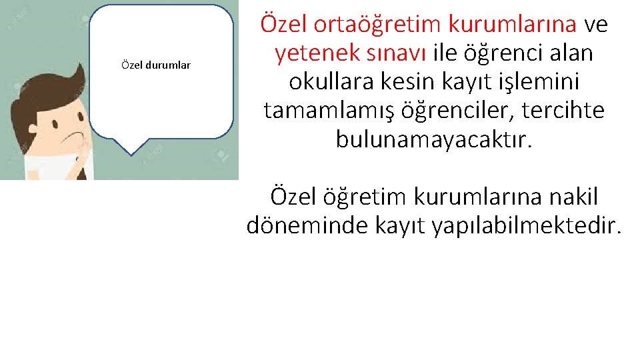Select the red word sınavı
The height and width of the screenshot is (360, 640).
point(398,52)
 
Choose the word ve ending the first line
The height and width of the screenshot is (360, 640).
point(595,24)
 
